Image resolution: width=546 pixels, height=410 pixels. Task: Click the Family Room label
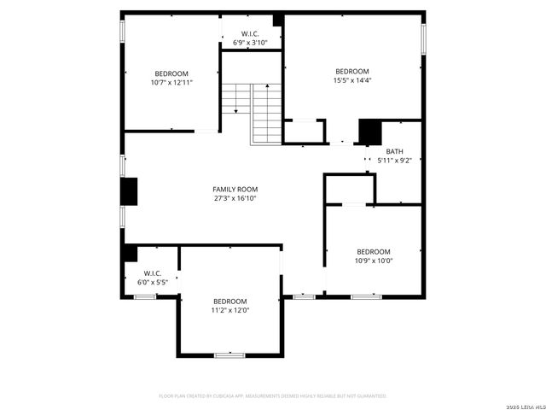235,189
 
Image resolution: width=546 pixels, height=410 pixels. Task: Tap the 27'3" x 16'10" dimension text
235,198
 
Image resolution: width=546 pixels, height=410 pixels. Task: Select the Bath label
394,151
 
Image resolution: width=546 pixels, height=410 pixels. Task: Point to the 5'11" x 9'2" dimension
394,160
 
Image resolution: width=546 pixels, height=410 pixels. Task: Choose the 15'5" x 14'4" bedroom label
351,71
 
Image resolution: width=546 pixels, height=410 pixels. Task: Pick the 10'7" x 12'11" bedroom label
171,73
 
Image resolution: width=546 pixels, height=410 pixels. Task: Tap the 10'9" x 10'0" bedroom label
373,251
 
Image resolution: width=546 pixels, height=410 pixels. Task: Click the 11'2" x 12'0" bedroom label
229,302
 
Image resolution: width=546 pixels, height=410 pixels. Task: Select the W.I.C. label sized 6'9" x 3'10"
250,34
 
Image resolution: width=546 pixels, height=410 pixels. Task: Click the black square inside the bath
369,132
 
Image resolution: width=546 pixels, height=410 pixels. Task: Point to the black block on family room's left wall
129,191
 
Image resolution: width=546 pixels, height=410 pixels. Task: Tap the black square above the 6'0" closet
131,253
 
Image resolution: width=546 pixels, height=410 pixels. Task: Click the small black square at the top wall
277,20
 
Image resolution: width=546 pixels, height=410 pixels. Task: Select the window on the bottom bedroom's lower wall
229,354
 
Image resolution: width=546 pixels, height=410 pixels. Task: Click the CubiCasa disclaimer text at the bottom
273,396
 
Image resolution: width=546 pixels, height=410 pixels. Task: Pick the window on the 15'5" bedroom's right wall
423,39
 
